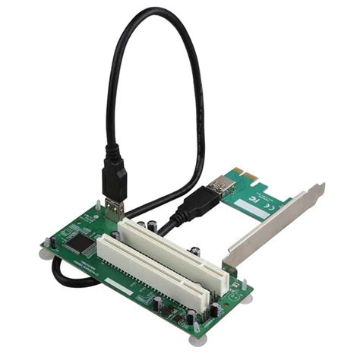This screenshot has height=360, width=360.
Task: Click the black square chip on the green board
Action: [x=77, y=242]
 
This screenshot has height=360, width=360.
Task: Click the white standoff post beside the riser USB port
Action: [x=99, y=205]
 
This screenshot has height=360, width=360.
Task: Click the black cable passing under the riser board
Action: [x=68, y=277]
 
